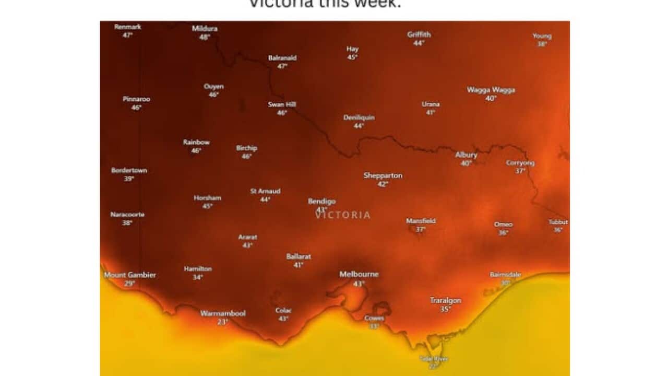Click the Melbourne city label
359,274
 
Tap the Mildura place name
205,28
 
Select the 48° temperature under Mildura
205,37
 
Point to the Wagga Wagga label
491,90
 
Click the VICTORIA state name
343,215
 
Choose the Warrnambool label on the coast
223,313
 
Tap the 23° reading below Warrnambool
223,322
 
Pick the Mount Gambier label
130,275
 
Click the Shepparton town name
383,175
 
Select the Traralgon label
445,300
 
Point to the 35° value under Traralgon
445,309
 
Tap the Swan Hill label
282,104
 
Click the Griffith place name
419,34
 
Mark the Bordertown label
129,170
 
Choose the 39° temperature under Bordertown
129,179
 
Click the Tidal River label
434,359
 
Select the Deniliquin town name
359,118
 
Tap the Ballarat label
299,256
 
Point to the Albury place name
466,155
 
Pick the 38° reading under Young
542,44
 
